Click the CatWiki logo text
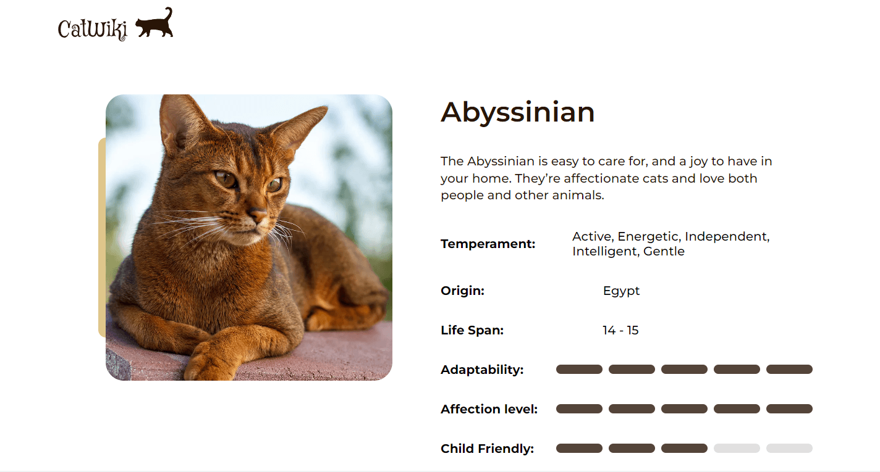[92, 28]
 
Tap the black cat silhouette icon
[154, 23]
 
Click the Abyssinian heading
[517, 113]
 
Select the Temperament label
[488, 244]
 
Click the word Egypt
[621, 291]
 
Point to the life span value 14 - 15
[620, 330]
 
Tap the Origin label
[462, 291]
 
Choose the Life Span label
[472, 330]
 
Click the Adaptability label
[482, 370]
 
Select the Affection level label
[489, 409]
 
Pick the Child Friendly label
[487, 449]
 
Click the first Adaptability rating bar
[579, 369]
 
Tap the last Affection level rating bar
[789, 409]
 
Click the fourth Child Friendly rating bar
[737, 448]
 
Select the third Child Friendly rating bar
[684, 448]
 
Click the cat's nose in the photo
[257, 214]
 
